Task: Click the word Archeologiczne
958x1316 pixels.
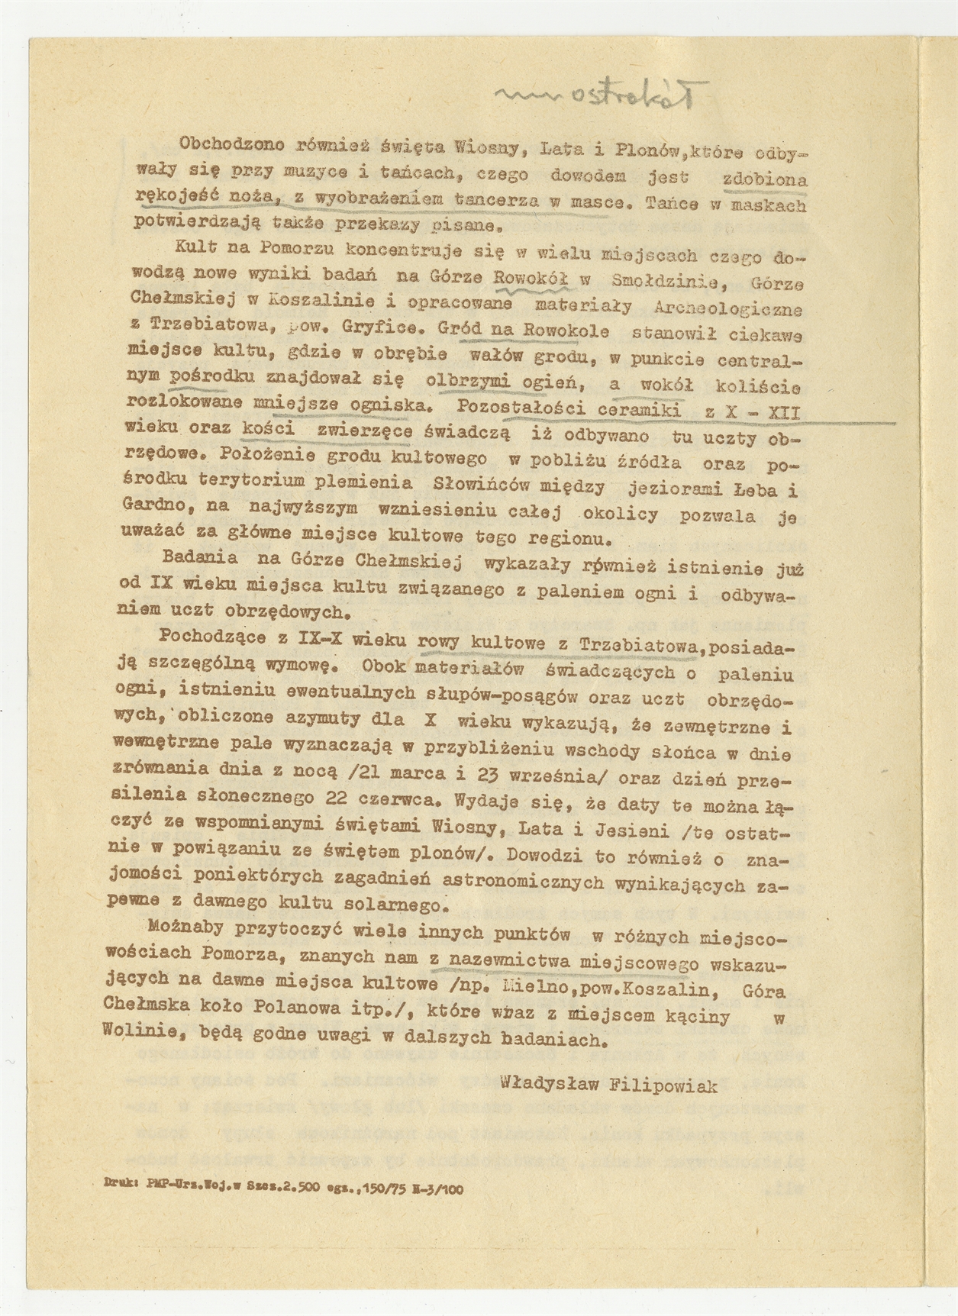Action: [728, 308]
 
